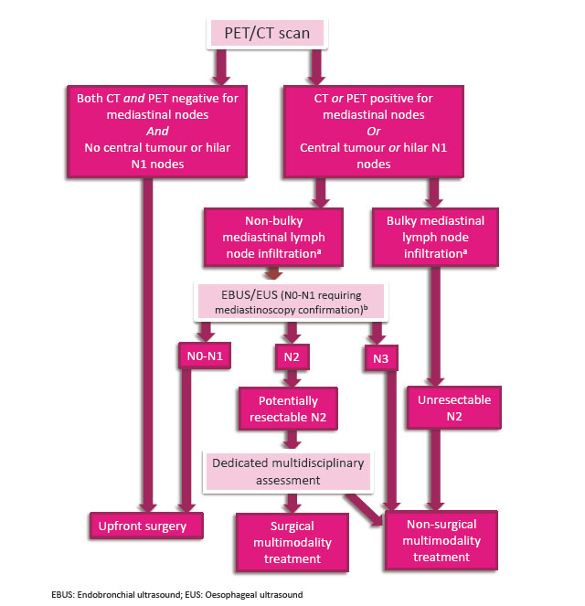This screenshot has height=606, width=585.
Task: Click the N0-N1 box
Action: point(203,356)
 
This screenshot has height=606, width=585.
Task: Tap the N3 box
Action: point(380,358)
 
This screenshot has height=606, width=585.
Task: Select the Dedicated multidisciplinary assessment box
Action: point(288,471)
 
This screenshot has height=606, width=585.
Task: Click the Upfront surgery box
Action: point(145,526)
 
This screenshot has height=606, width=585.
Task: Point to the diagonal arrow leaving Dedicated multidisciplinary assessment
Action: point(363,508)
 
